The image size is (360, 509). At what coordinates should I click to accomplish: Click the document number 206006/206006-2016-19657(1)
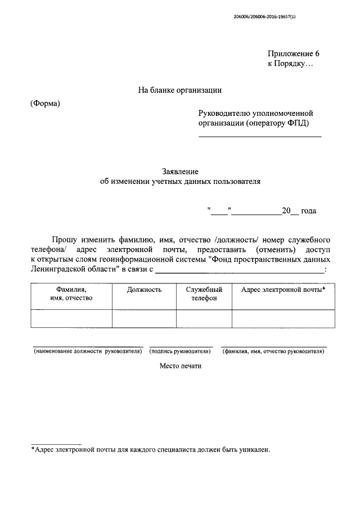click(x=264, y=17)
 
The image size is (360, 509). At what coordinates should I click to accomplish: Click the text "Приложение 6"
click(x=293, y=54)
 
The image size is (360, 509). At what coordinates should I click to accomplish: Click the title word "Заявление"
click(x=180, y=172)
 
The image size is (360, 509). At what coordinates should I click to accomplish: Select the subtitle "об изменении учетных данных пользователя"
click(x=180, y=182)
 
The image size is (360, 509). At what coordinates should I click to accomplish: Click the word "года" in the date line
click(x=308, y=211)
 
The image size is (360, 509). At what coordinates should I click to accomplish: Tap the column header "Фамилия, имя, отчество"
click(x=71, y=293)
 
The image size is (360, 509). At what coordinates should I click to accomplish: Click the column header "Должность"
click(x=144, y=289)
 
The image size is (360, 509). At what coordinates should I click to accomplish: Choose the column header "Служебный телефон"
click(x=204, y=293)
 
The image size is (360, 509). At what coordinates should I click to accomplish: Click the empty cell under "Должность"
click(x=144, y=318)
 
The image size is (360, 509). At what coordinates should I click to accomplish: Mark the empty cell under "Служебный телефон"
click(x=204, y=318)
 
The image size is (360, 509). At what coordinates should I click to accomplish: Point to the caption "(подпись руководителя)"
click(x=180, y=352)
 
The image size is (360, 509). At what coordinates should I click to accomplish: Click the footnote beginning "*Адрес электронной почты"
click(x=151, y=450)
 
